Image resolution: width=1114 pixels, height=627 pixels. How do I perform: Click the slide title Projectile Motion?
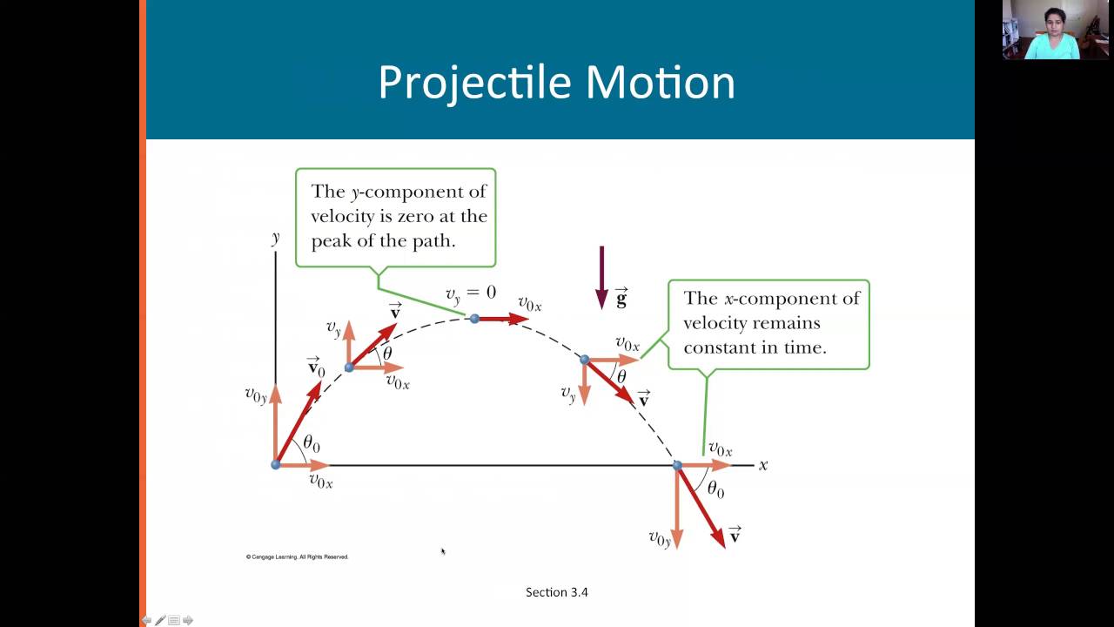[556, 83]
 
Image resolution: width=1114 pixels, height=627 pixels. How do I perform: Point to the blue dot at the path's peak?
[474, 319]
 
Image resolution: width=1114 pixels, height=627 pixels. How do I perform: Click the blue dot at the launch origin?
[276, 464]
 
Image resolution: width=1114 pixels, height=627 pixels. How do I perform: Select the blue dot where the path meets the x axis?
[677, 466]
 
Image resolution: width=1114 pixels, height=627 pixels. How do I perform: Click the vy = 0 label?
[470, 293]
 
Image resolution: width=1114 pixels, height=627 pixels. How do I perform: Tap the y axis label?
[275, 237]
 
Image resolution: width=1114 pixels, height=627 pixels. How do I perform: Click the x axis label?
[762, 465]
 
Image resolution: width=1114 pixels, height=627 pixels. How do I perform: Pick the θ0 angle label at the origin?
[311, 444]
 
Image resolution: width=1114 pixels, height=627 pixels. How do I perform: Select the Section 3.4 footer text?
[557, 592]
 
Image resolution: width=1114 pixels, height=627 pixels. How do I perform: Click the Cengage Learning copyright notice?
[297, 556]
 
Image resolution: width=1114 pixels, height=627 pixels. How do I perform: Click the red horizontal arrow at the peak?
[503, 319]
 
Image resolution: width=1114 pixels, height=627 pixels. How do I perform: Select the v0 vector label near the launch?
[316, 367]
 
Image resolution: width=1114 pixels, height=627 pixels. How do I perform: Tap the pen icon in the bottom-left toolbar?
[160, 620]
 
